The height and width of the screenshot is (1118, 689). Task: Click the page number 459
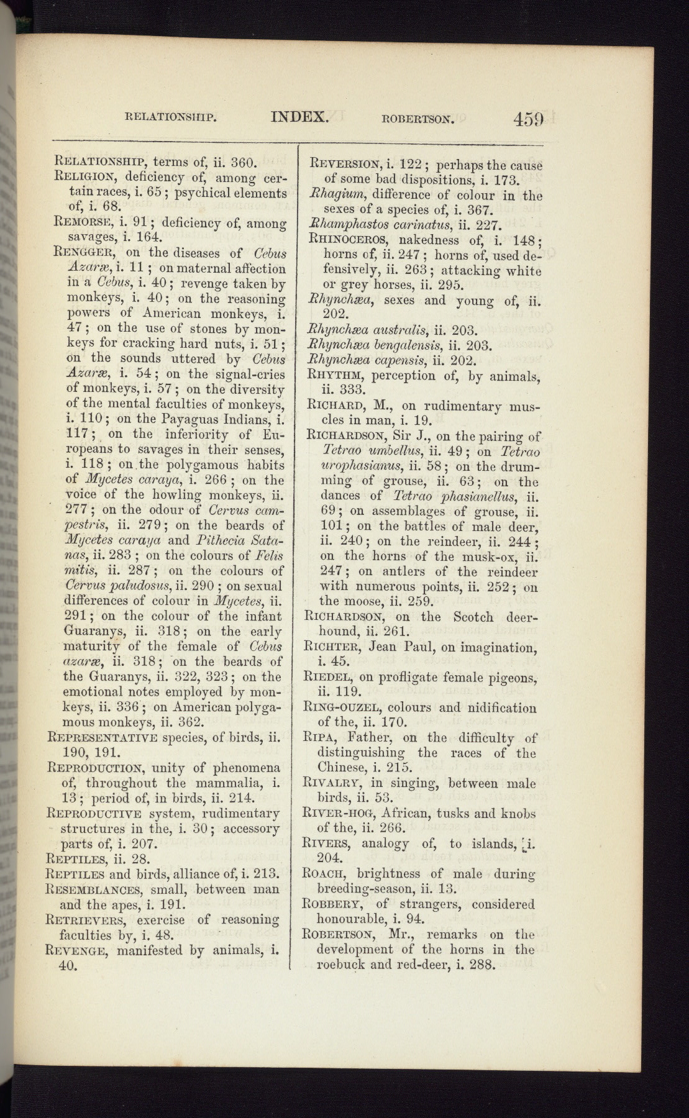(529, 118)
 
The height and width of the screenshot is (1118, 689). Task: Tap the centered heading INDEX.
(299, 116)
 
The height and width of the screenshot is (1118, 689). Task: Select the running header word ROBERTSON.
(418, 117)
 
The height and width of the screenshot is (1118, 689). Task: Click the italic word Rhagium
(335, 194)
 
